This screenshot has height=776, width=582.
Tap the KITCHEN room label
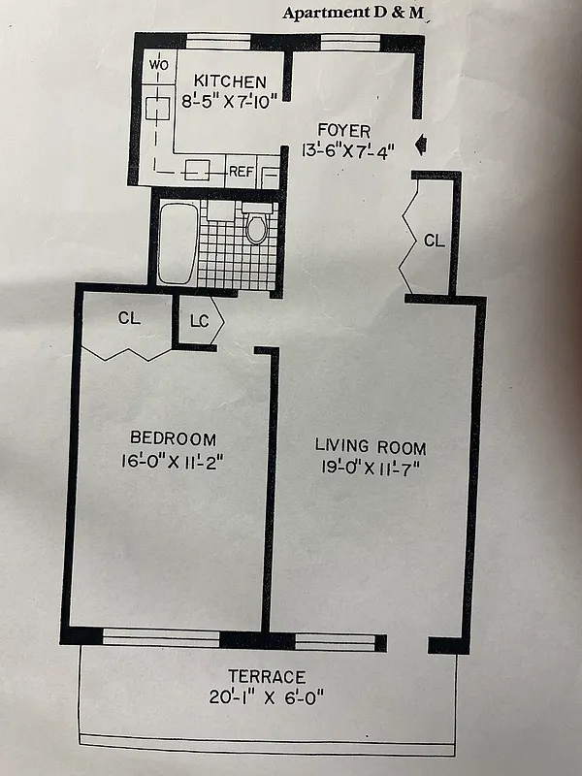coord(230,81)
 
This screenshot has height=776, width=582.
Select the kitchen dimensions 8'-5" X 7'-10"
coord(230,100)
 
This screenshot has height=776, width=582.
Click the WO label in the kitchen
coord(158,65)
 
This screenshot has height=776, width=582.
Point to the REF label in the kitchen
coord(242,172)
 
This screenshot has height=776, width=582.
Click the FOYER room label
coord(344,131)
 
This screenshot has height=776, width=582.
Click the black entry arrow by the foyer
coord(419,145)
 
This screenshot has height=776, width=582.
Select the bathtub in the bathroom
coord(177,242)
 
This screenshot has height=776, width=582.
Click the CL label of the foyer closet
coord(434,241)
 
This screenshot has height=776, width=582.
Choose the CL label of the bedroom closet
coord(129,317)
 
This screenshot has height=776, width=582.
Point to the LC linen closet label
coord(199,319)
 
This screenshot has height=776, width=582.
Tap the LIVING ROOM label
coord(370,447)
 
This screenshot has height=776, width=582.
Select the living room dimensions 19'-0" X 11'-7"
coord(370,469)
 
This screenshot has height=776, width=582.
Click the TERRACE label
coord(267,676)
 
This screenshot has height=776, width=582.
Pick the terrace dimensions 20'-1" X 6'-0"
coord(267,696)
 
